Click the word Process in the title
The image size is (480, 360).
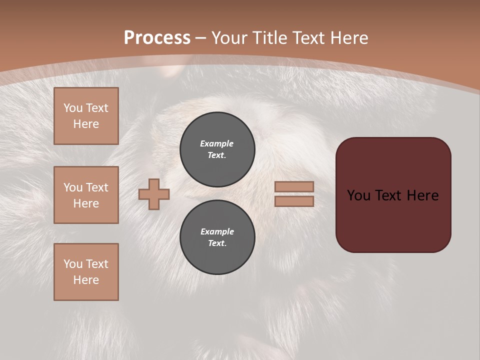click(156, 38)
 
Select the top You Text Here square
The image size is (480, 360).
click(86, 116)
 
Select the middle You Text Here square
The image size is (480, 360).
click(86, 195)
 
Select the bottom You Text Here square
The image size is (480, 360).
click(86, 272)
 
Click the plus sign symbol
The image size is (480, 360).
click(154, 194)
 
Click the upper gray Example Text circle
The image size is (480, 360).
click(217, 149)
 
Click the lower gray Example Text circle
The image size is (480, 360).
click(217, 237)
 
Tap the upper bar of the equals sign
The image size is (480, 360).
click(294, 186)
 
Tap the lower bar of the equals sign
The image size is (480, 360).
click(294, 201)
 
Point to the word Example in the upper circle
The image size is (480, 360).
click(217, 143)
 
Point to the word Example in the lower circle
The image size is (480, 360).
click(217, 231)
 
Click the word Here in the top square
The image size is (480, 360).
click(86, 124)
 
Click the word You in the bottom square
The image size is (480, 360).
click(73, 264)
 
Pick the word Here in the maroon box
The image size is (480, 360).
click(422, 195)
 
